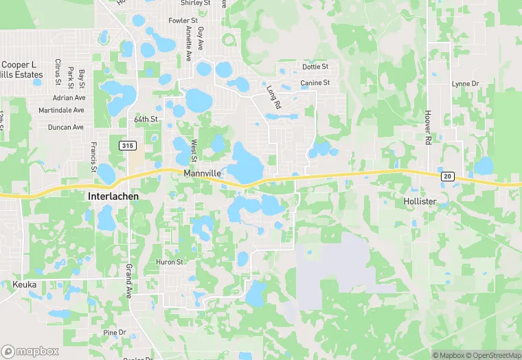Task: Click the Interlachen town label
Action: (113, 196)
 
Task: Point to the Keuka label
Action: (24, 284)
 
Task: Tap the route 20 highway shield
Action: (448, 177)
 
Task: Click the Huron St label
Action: (170, 262)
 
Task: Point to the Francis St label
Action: (93, 157)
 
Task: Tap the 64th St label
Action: (146, 119)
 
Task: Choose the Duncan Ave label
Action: (65, 127)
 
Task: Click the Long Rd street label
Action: (273, 97)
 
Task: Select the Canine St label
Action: (315, 82)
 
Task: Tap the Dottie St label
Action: (315, 67)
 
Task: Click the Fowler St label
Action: (183, 21)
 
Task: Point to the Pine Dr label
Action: (115, 333)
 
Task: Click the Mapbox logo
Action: (31, 351)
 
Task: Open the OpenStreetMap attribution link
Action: (492, 355)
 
